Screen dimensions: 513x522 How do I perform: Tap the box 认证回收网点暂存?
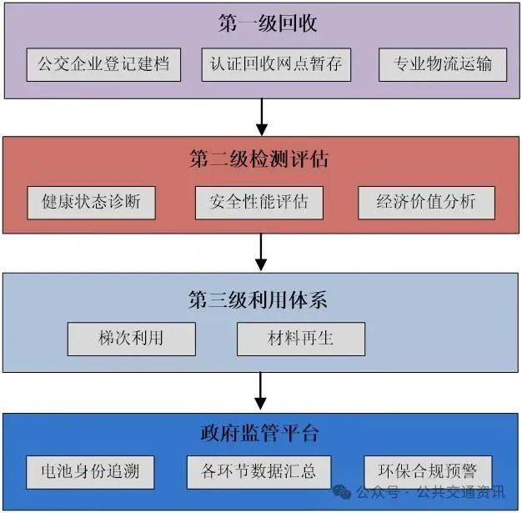pos(271,64)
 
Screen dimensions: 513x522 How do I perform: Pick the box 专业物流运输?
pos(443,64)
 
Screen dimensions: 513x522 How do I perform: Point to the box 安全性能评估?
pos(258,202)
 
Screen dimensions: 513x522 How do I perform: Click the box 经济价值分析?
pos(426,202)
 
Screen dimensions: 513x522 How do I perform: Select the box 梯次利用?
pos(132,339)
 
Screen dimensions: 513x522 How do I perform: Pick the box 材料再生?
pos(301,339)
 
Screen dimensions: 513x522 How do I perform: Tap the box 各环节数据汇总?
pos(258,472)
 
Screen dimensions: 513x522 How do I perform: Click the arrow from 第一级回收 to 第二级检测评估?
pos(262,118)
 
